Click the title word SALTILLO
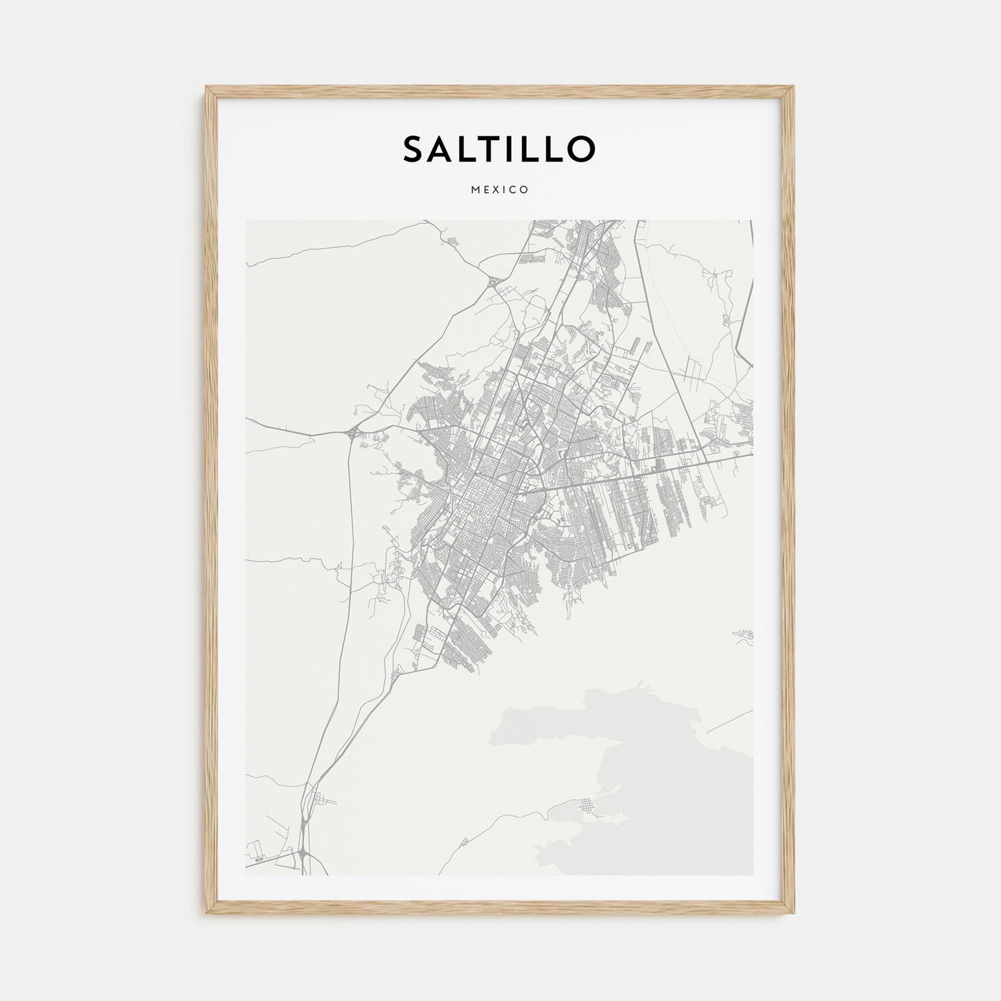point(498,149)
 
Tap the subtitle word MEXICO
point(500,190)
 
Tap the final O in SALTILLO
point(580,149)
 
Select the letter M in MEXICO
point(477,190)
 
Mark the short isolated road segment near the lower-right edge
point(729,722)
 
